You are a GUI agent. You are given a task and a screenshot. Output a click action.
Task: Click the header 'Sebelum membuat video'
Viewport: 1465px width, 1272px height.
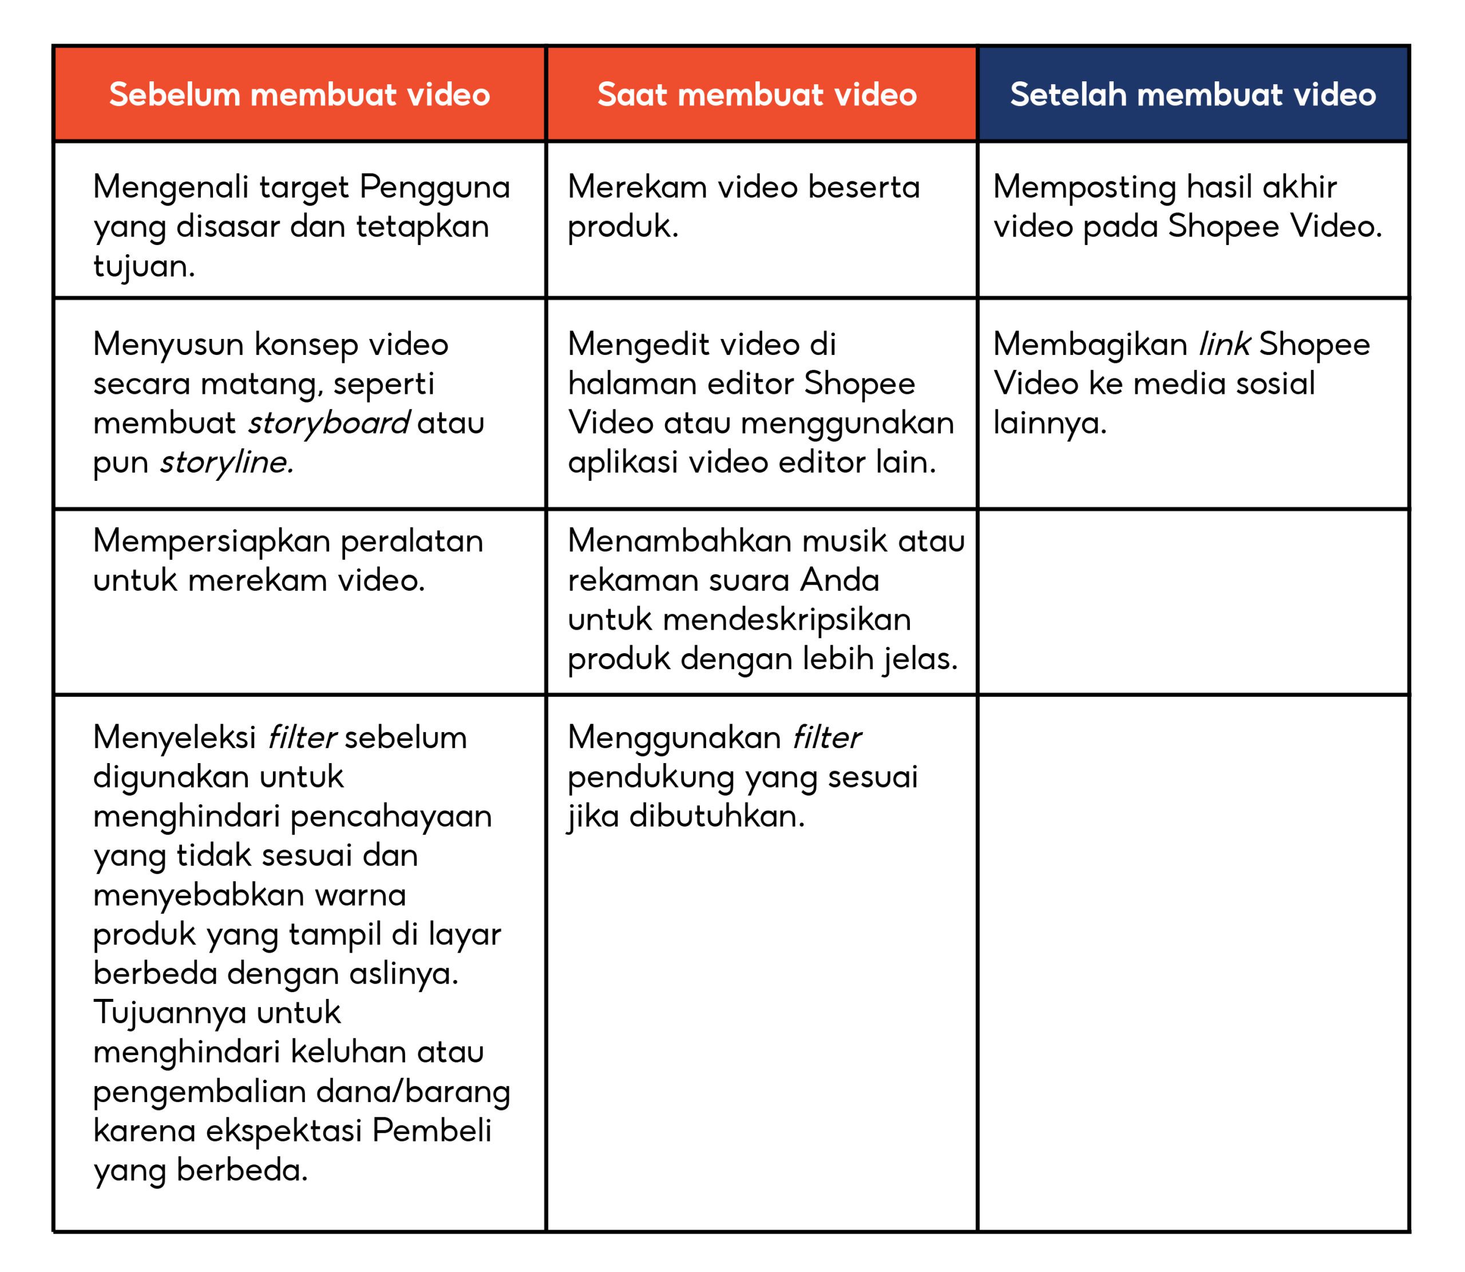click(x=299, y=94)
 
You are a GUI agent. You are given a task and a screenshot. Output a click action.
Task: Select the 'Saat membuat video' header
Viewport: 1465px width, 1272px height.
click(x=757, y=94)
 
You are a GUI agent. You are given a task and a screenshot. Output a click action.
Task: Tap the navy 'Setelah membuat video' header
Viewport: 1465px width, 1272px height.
click(x=1193, y=94)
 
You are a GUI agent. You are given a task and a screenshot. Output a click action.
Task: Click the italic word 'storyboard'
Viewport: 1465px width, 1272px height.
click(x=328, y=424)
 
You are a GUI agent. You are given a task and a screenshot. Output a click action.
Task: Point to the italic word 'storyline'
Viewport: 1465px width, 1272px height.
click(x=225, y=463)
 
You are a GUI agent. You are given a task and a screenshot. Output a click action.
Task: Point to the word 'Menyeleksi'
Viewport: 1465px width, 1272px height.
click(x=175, y=738)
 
